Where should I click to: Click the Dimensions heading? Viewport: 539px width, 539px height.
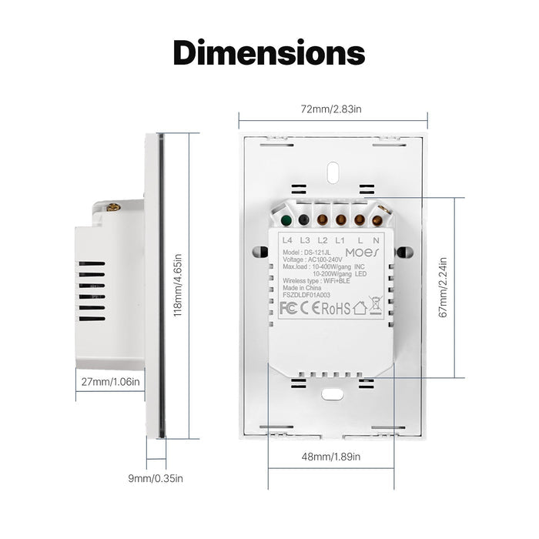pyautogui.click(x=269, y=52)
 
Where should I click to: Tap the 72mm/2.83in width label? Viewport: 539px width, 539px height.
pyautogui.click(x=331, y=109)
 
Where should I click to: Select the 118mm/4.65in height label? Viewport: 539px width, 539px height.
pyautogui.click(x=177, y=286)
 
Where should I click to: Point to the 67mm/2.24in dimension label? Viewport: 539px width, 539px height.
pyautogui.click(x=444, y=287)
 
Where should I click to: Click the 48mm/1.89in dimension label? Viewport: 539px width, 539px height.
pyautogui.click(x=331, y=457)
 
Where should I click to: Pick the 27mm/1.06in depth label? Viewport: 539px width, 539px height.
pyautogui.click(x=111, y=382)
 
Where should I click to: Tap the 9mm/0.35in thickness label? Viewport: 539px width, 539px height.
pyautogui.click(x=156, y=478)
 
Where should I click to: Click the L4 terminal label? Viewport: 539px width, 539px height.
pyautogui.click(x=287, y=240)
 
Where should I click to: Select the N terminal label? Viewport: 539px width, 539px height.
pyautogui.click(x=377, y=240)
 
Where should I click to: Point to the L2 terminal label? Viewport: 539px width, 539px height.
pyautogui.click(x=323, y=240)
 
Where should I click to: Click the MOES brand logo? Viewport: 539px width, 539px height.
pyautogui.click(x=362, y=253)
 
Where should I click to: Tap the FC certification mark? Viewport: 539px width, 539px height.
pyautogui.click(x=288, y=308)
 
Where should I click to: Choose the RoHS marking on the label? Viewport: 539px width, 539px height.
pyautogui.click(x=336, y=308)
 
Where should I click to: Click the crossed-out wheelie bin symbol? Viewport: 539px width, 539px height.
pyautogui.click(x=376, y=305)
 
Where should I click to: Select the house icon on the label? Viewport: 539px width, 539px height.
pyautogui.click(x=360, y=308)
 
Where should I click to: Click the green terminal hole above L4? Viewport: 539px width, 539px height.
pyautogui.click(x=286, y=220)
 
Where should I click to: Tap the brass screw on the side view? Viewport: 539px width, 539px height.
pyautogui.click(x=113, y=207)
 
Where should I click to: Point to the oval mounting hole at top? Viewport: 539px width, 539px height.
pyautogui.click(x=333, y=172)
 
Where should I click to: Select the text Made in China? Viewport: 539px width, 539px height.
pyautogui.click(x=302, y=288)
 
